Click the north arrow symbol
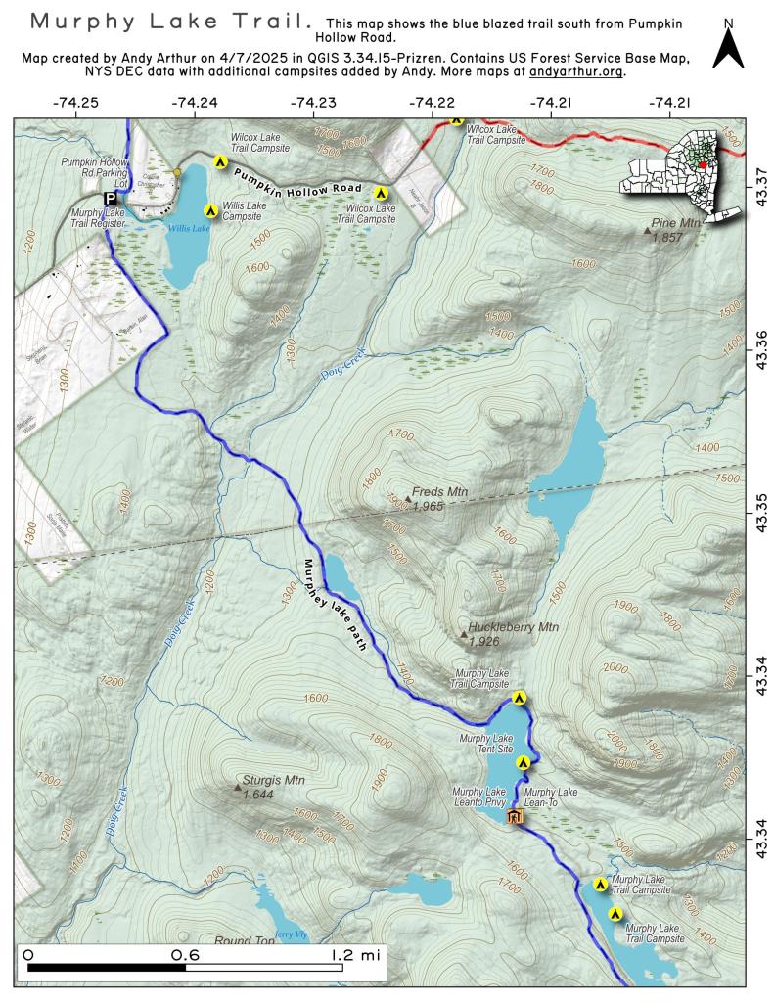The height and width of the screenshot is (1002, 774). [x=728, y=47]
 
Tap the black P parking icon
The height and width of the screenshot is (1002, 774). [x=110, y=197]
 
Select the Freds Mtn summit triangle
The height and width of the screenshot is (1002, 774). [x=408, y=498]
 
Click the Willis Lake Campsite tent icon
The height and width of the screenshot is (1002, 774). [x=209, y=210]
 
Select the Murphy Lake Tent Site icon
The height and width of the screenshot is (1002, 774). [x=523, y=762]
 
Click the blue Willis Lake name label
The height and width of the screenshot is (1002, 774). [x=188, y=228]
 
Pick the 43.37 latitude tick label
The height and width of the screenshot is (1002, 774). [x=759, y=177]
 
